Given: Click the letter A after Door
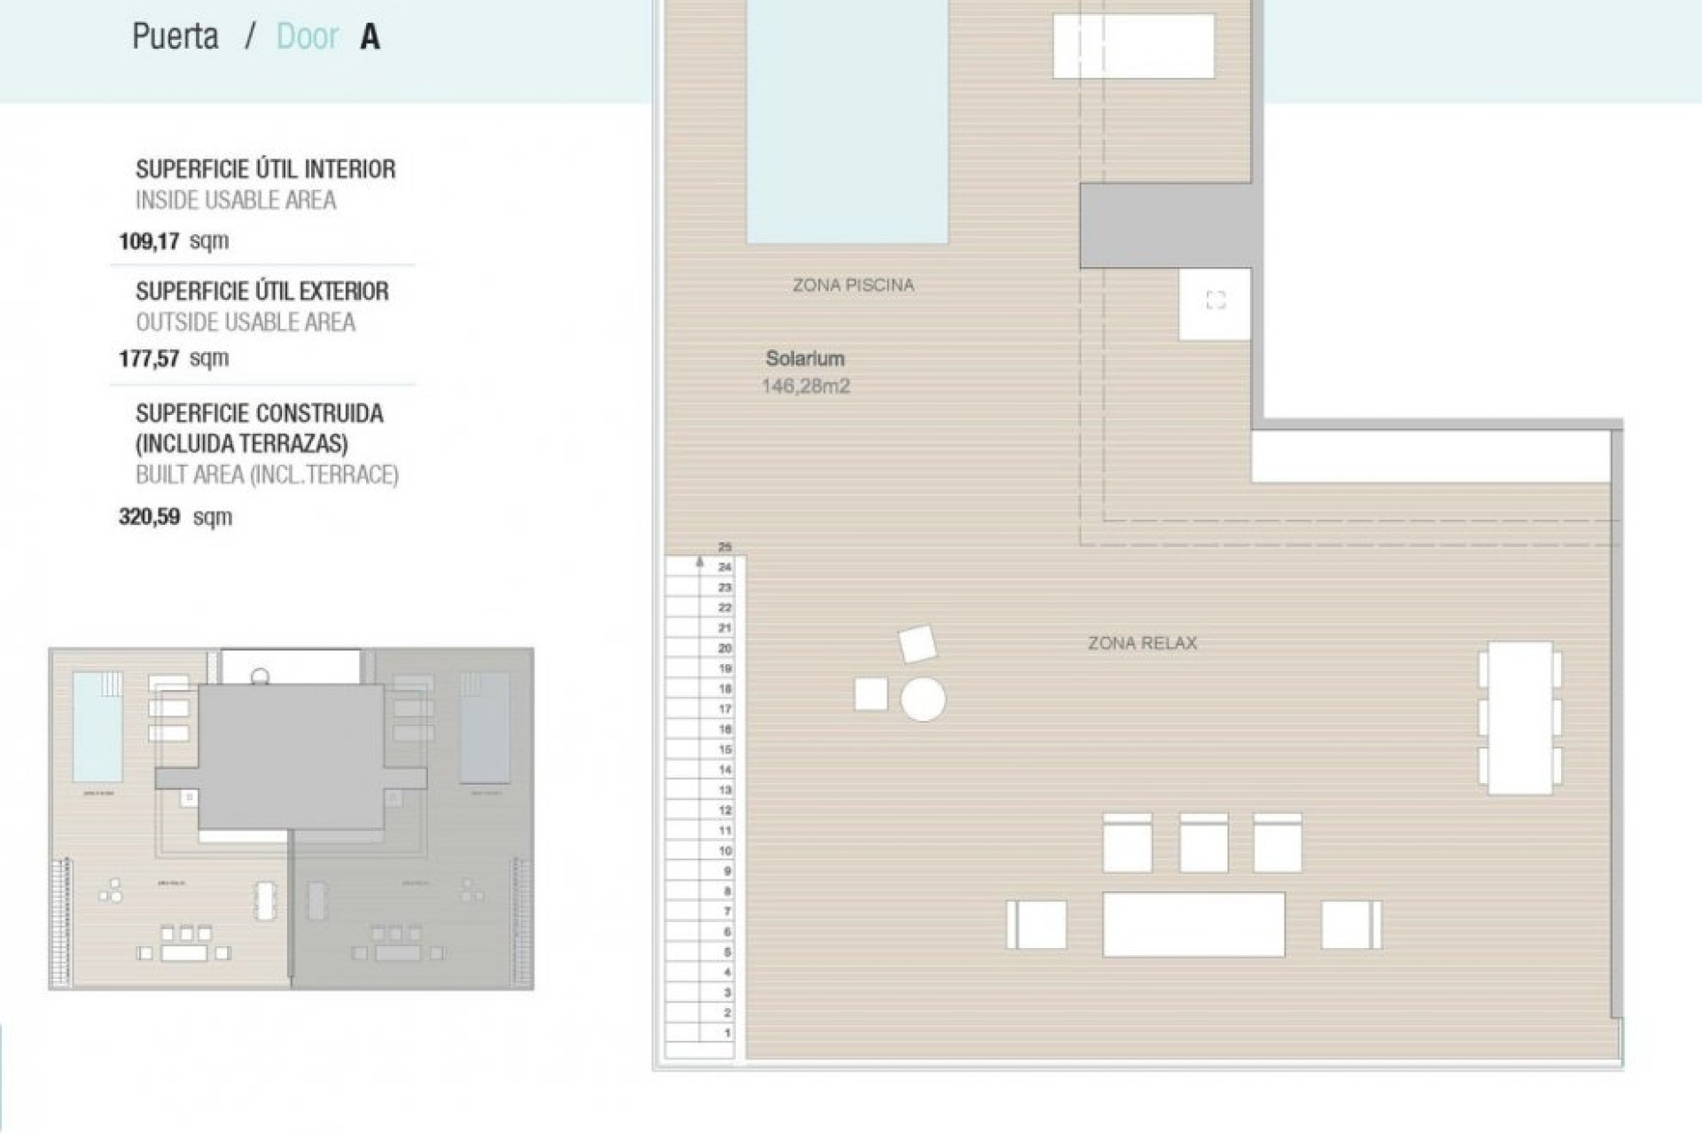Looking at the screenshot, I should click(370, 37).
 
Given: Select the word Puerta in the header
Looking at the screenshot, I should click(175, 37).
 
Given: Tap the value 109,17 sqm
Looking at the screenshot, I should click(174, 241).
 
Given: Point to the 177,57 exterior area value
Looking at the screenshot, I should click(174, 358).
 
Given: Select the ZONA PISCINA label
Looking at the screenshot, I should click(853, 286).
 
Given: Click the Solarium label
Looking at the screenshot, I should click(805, 359).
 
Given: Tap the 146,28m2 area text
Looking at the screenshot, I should click(805, 387).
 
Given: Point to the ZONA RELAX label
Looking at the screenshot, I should click(1142, 644).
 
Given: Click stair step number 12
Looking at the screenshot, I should click(725, 810).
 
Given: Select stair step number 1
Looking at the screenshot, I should click(728, 1033).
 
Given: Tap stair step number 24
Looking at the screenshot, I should click(725, 567).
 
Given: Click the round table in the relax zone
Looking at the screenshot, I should click(923, 699).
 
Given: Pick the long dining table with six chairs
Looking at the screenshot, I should click(1520, 717).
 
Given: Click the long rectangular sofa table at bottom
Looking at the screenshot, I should click(1193, 925).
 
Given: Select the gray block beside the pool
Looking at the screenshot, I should click(1165, 225).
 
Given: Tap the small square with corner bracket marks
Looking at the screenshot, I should click(1215, 301).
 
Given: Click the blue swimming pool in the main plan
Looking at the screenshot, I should click(847, 120).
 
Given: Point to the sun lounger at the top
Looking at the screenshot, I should click(1133, 47).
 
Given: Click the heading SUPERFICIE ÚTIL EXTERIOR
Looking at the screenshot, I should click(262, 292).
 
